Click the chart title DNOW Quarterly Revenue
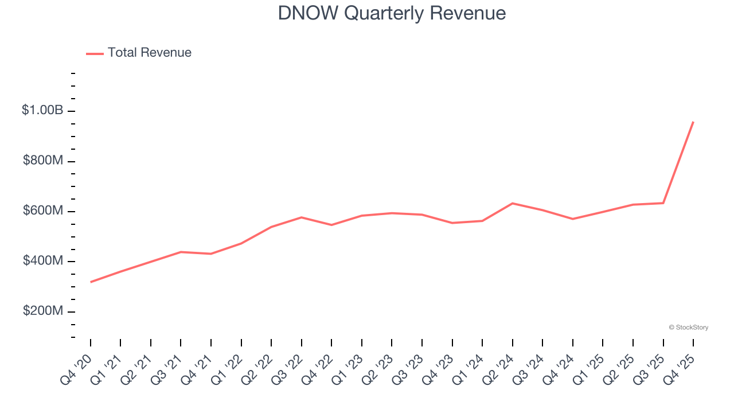(x=392, y=13)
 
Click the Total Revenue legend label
(x=149, y=53)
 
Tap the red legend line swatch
(x=95, y=53)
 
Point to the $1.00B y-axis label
(x=42, y=111)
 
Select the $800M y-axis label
(x=43, y=161)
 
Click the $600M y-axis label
(x=43, y=211)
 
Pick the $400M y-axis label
(x=43, y=262)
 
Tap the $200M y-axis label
(x=43, y=311)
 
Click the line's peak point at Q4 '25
(x=693, y=122)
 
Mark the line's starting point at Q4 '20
(x=91, y=282)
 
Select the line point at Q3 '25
(x=663, y=203)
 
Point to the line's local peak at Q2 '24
(x=512, y=203)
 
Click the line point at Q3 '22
(x=302, y=217)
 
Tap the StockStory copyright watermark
(x=688, y=328)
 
